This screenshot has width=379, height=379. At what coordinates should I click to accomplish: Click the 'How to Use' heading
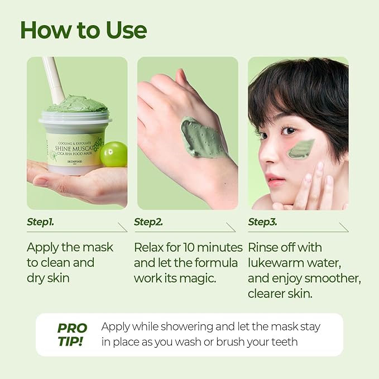(84, 30)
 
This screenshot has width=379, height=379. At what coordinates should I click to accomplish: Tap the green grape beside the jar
(114, 154)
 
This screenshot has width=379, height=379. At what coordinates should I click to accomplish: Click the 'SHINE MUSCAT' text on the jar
(74, 148)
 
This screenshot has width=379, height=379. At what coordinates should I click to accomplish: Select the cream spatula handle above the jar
(53, 79)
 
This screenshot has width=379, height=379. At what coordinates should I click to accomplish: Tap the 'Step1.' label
(40, 222)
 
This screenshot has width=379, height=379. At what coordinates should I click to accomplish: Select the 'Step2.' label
(148, 222)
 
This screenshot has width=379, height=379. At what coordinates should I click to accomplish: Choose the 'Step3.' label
(262, 222)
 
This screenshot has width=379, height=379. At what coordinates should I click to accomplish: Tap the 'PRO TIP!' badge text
(72, 335)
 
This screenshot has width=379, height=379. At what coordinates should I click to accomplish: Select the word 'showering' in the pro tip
(187, 327)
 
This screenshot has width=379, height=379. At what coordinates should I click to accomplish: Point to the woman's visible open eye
(289, 131)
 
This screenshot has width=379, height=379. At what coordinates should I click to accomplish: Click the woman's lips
(274, 179)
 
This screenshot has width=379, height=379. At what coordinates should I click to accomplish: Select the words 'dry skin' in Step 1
(48, 278)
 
